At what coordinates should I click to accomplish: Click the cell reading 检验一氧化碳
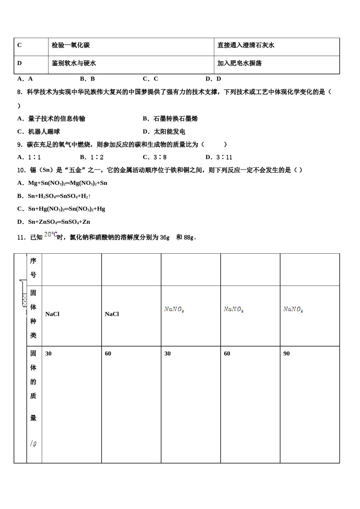71,45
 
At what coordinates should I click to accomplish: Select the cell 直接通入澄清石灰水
246,45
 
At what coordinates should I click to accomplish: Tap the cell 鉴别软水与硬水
74,63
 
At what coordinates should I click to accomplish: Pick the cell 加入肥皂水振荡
239,63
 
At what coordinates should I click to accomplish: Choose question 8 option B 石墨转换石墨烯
170,119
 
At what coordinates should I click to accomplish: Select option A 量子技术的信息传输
51,119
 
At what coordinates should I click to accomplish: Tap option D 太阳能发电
164,132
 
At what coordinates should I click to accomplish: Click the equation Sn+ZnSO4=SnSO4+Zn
54,222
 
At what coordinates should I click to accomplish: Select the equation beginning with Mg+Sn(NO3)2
63,183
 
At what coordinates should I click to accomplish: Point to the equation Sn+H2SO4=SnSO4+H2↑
54,196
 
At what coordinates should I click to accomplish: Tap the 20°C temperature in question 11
50,235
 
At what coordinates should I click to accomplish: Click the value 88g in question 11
188,237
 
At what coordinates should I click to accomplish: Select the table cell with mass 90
286,354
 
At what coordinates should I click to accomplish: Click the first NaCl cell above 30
52,314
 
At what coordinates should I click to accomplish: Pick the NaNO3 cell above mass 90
293,310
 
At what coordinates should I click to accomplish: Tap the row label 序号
33,268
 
